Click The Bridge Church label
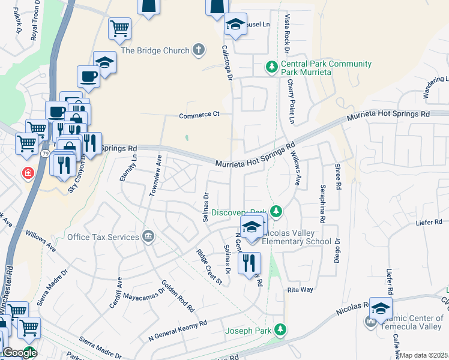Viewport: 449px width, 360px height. [x=155, y=51]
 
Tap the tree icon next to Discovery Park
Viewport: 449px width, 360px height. [x=276, y=211]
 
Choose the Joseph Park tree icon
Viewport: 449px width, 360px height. [x=280, y=329]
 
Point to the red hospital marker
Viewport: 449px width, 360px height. [x=28, y=174]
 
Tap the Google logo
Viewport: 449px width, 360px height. [x=19, y=353]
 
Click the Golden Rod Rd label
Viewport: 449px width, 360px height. [x=178, y=296]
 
